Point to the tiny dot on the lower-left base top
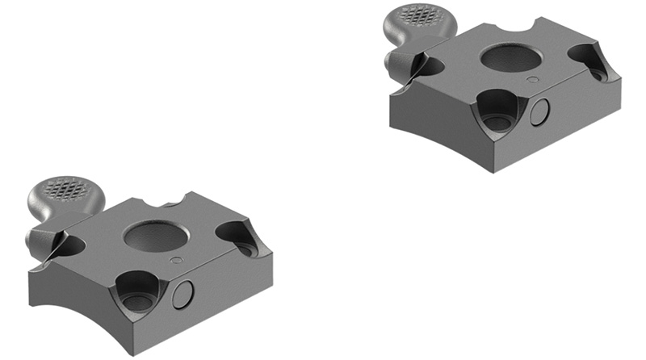(175, 259)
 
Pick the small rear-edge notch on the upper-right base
(529, 24)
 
